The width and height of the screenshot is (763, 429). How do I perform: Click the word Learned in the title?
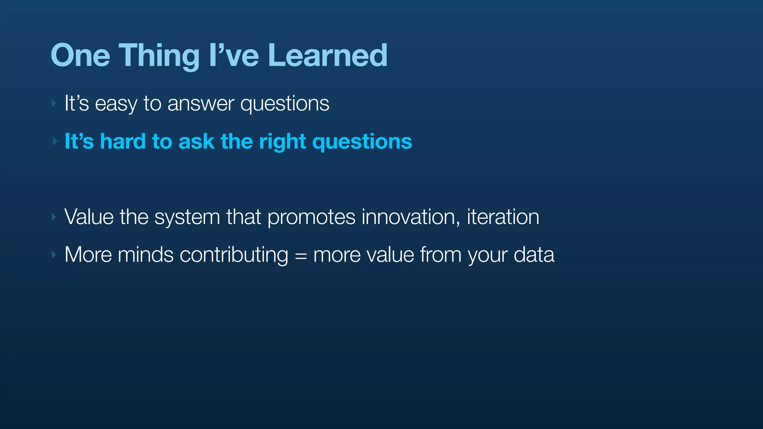click(x=327, y=55)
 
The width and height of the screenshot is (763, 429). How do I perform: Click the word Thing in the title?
click(x=159, y=55)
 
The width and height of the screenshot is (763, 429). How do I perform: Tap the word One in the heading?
click(x=80, y=55)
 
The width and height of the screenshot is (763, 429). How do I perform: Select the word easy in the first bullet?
click(x=116, y=104)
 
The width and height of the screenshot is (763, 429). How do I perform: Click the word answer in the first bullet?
click(x=201, y=104)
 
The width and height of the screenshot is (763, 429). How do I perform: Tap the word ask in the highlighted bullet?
click(x=196, y=142)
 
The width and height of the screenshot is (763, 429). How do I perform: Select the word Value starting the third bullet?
click(x=89, y=217)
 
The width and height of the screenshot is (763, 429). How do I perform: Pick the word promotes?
click(x=311, y=217)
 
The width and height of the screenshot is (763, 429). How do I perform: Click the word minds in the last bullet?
click(x=146, y=255)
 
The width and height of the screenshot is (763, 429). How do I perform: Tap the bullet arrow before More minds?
click(x=54, y=255)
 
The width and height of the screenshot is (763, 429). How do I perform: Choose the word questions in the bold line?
click(x=362, y=142)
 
